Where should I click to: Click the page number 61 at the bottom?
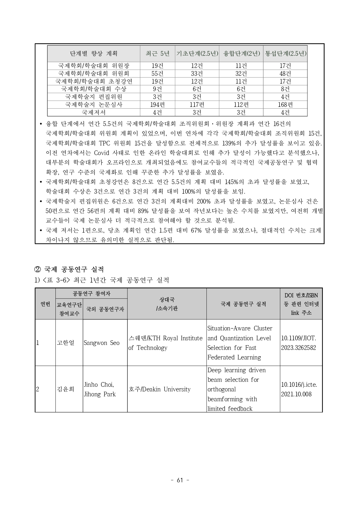(180, 480)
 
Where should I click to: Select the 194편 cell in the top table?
(157, 105)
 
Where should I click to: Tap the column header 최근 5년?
(157, 53)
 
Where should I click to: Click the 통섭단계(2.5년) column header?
(285, 53)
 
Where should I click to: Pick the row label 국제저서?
(93, 112)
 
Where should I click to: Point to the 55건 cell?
(157, 74)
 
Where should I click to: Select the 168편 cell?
(285, 105)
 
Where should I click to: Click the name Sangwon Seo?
(102, 343)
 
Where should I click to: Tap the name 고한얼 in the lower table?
(66, 343)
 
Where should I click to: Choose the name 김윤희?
(66, 389)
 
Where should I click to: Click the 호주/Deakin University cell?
(160, 389)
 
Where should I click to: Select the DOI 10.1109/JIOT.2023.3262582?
(299, 343)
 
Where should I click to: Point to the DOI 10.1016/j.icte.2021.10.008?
(299, 389)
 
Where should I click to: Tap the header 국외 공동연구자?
(105, 309)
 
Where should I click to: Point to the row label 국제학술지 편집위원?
(93, 97)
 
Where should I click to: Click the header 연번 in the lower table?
(45, 304)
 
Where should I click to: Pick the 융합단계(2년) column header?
(241, 53)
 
